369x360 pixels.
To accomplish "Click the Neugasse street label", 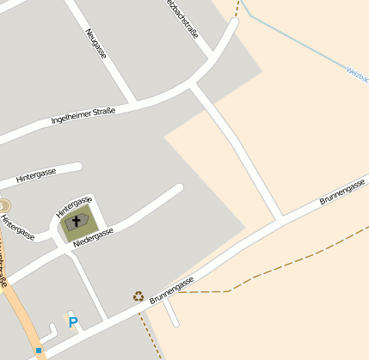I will [96, 43].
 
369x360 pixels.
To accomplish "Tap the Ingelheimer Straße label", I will [83, 114].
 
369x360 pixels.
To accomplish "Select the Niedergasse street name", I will [93, 234].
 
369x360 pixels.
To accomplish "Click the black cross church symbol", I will [76, 222].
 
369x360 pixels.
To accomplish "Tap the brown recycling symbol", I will [138, 296].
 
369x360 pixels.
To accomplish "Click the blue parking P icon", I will [73, 322].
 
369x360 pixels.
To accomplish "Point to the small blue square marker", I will [39, 351].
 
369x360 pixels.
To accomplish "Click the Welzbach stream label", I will [356, 76].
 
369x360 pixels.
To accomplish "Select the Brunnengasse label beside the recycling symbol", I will [171, 290].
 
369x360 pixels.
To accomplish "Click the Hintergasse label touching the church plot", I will [73, 204].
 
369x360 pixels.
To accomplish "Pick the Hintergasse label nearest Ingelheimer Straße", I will [35, 174].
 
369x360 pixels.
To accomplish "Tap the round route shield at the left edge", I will [3, 206].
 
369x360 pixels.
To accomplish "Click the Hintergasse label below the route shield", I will [17, 227].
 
